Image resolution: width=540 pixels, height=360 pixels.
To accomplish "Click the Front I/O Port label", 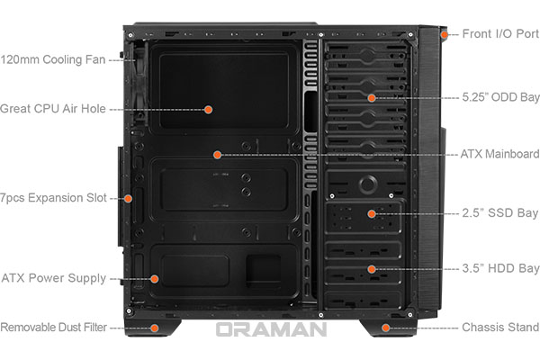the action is coord(500,34).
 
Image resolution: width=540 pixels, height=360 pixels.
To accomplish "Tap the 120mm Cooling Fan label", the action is coord(53,59).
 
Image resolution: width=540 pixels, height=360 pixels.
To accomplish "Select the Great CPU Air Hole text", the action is coord(53,109).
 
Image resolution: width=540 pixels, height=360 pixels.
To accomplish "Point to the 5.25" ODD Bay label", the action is coord(500,97).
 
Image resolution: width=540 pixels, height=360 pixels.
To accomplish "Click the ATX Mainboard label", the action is coord(500,154).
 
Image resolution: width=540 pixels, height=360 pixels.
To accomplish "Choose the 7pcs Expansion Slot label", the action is coord(53,198).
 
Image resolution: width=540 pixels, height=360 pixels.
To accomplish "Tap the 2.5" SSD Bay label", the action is coord(500,213).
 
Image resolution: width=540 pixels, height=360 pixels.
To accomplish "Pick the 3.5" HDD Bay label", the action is coord(500,268).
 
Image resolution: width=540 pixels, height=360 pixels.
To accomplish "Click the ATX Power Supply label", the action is coord(54,278).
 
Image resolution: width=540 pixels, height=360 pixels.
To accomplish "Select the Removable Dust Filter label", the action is coord(54,327).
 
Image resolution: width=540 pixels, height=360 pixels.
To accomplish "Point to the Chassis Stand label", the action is coord(500,327).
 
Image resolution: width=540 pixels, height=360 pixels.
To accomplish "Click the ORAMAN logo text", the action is coord(272,329).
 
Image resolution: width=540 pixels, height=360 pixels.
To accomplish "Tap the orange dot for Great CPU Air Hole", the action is coord(208,110).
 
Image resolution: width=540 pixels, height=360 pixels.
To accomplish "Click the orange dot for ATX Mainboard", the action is coord(217,155).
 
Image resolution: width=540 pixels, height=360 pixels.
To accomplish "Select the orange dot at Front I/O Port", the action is coord(445,34).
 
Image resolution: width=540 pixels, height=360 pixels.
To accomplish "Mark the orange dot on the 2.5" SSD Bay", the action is coord(371,214).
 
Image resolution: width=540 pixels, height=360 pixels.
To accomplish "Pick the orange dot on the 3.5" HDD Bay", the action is coord(371,269).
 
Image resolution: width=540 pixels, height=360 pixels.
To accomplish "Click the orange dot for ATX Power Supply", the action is coord(155,279).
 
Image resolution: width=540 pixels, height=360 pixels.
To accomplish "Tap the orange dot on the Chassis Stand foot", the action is coord(386,328).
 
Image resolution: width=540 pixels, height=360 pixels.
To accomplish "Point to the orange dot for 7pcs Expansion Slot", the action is coord(128,198).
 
